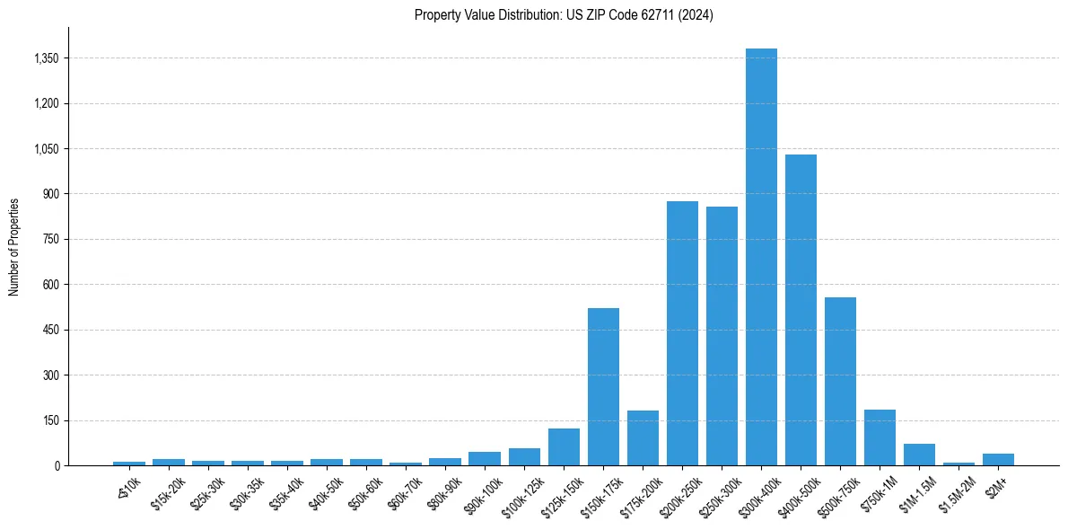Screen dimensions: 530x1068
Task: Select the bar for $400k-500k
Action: [801, 310]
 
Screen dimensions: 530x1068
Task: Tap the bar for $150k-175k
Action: [603, 386]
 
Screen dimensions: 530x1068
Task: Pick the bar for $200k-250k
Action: [682, 333]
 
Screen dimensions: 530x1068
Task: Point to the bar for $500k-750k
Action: [840, 381]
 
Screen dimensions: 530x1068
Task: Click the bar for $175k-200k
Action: [643, 437]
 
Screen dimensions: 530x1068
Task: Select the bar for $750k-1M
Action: [880, 437]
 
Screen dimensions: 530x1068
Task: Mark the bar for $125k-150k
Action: [564, 446]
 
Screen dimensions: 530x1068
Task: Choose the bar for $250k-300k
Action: [722, 336]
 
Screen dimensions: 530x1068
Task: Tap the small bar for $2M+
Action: [998, 459]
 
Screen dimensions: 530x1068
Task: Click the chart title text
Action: [564, 15]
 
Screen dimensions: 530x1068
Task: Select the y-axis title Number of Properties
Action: [14, 246]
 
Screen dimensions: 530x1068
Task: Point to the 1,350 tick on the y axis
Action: [46, 58]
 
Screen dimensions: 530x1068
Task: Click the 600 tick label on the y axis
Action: [50, 285]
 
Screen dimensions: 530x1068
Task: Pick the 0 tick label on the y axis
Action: [56, 465]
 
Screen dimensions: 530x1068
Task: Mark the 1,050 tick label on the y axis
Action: [46, 149]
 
